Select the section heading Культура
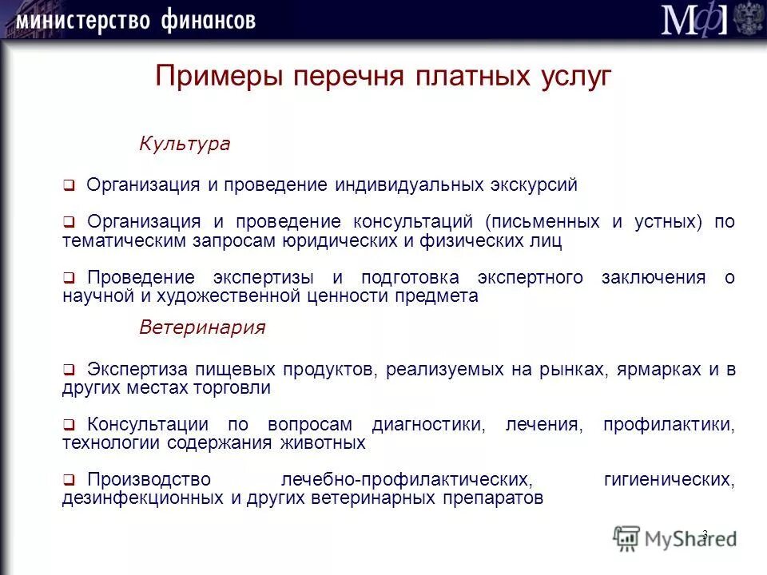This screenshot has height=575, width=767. (185, 144)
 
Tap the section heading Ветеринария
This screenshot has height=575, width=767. (202, 327)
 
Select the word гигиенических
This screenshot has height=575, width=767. (670, 480)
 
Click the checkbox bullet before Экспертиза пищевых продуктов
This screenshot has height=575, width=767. (69, 371)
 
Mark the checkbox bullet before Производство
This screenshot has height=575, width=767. (69, 481)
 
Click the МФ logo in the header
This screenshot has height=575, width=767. (693, 19)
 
